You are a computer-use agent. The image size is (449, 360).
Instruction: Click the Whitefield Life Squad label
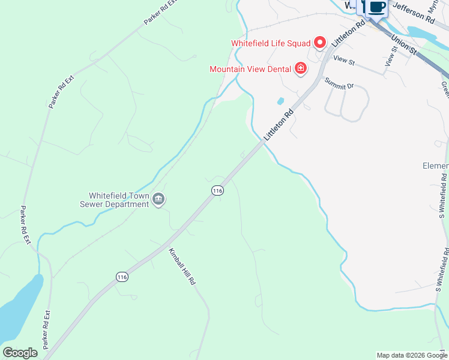tap(271, 43)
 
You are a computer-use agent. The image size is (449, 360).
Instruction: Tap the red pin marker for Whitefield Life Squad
tap(320, 43)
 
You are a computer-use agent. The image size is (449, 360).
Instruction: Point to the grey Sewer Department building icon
tap(158, 199)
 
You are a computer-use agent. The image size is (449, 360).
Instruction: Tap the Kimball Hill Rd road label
tap(182, 266)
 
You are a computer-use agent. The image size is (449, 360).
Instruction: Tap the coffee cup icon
tap(377, 7)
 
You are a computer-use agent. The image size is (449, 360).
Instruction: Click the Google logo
tap(20, 353)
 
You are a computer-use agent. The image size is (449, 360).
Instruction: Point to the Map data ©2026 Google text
tap(411, 355)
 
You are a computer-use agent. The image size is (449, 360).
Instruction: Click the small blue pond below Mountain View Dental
tap(280, 101)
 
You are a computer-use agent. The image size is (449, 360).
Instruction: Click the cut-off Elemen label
tap(435, 166)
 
